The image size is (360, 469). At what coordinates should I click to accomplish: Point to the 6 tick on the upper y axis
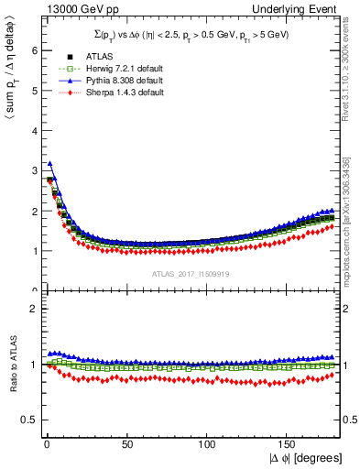click(34, 50)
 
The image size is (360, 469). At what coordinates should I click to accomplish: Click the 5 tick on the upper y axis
click(34, 91)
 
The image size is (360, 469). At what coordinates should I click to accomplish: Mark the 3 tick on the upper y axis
click(34, 170)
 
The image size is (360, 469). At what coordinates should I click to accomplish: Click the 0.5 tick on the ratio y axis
click(29, 420)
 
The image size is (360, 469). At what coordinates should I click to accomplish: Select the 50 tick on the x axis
click(125, 444)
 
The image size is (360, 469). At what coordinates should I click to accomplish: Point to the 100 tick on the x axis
click(208, 444)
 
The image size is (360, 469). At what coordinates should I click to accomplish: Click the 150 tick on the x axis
click(289, 444)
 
